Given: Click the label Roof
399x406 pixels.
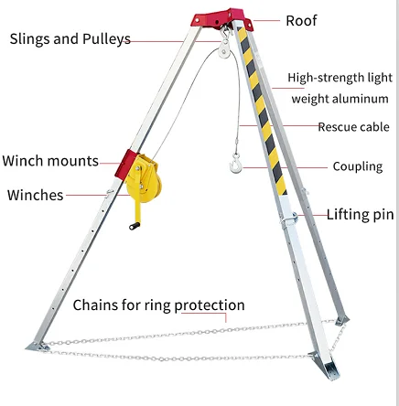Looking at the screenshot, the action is pyautogui.click(x=301, y=21).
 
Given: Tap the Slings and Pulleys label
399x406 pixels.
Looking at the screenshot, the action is pyautogui.click(x=70, y=39).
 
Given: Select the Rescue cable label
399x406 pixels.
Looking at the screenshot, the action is pyautogui.click(x=353, y=127).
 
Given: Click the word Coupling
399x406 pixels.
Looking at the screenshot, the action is pyautogui.click(x=358, y=166).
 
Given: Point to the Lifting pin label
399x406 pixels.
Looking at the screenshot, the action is pyautogui.click(x=361, y=215).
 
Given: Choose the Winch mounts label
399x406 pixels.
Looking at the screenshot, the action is pyautogui.click(x=50, y=161).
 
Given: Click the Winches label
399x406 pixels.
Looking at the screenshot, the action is pyautogui.click(x=36, y=195).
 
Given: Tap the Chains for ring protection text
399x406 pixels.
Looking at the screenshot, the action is pyautogui.click(x=158, y=305).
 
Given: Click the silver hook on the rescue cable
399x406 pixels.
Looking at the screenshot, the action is pyautogui.click(x=236, y=164).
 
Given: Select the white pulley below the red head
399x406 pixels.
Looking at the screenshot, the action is pyautogui.click(x=225, y=49).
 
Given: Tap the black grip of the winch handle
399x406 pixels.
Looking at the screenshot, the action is pyautogui.click(x=135, y=226).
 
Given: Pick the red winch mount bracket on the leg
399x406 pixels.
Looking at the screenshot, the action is pyautogui.click(x=124, y=164).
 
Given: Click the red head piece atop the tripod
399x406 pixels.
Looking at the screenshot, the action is pyautogui.click(x=222, y=19).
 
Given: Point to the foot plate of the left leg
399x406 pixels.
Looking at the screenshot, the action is pyautogui.click(x=38, y=347).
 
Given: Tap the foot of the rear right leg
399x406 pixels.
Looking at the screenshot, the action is pyautogui.click(x=342, y=320).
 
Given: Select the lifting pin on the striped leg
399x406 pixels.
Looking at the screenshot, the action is pyautogui.click(x=289, y=219).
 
